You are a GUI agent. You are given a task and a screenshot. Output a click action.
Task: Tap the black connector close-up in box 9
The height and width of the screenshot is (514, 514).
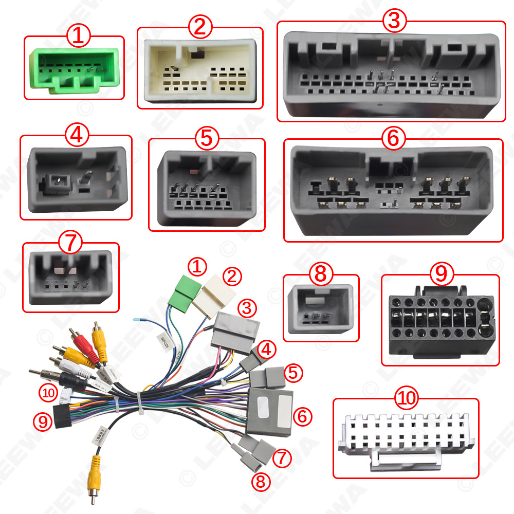tap(439, 321)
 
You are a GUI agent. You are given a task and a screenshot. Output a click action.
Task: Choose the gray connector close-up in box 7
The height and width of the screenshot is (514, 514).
tap(71, 277)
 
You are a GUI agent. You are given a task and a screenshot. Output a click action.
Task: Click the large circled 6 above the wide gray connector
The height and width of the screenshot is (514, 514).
tap(394, 137)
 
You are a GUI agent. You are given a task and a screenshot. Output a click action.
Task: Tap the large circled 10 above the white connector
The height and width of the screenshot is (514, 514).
tap(406, 397)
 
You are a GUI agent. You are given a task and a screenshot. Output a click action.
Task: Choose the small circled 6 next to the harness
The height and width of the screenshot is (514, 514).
tap(302, 416)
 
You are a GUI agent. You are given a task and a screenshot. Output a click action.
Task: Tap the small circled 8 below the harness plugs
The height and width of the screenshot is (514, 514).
tap(261, 481)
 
